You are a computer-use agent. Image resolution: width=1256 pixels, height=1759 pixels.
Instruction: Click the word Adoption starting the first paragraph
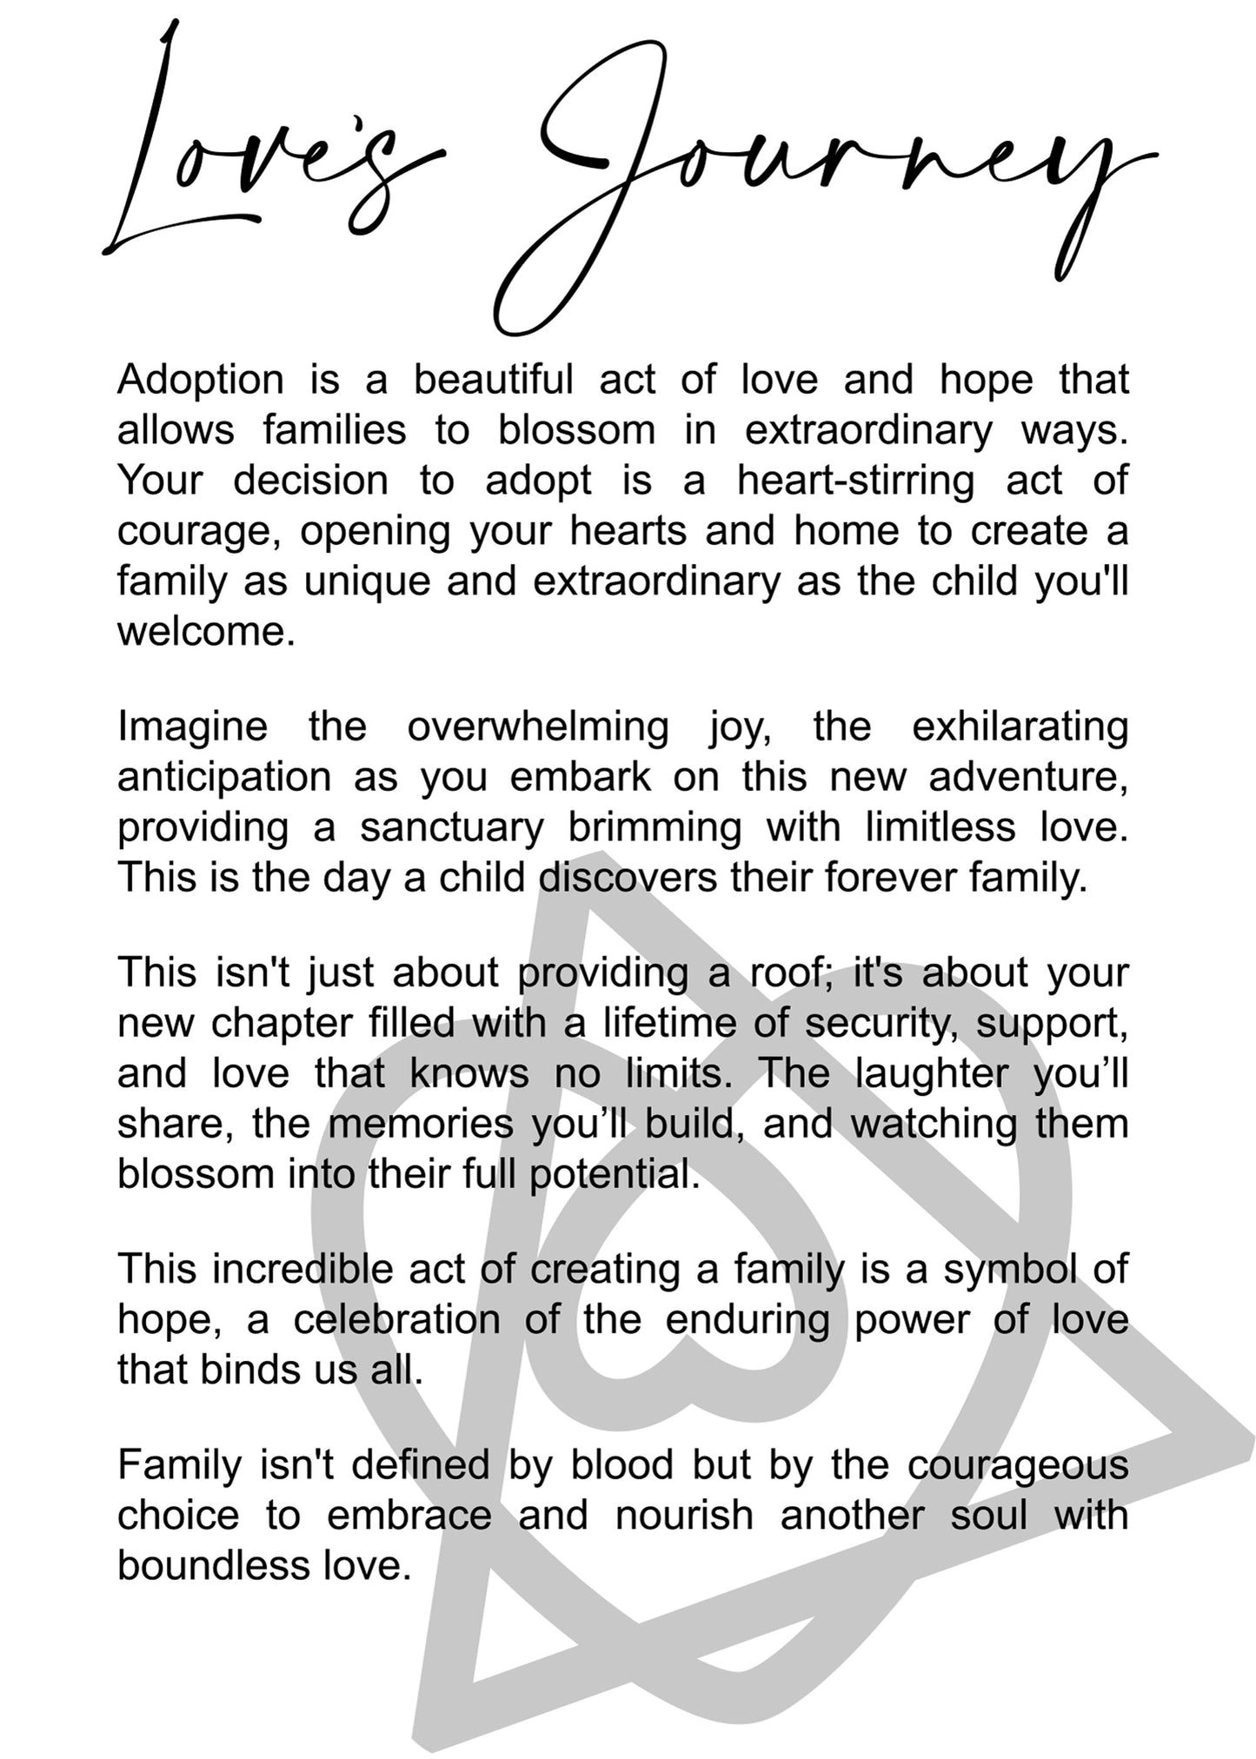(x=201, y=381)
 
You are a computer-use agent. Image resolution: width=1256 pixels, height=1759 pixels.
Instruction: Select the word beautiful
(x=493, y=381)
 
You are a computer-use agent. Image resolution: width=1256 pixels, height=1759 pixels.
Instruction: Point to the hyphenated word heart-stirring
(x=855, y=481)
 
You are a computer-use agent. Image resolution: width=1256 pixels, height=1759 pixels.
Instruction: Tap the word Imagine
(x=192, y=727)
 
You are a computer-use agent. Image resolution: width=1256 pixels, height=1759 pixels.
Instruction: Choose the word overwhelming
(x=538, y=727)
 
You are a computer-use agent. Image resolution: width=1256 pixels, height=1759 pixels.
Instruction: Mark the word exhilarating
(x=1020, y=727)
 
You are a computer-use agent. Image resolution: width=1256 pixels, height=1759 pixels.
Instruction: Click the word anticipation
(x=224, y=777)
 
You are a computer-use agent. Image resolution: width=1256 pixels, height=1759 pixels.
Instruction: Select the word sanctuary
(x=451, y=827)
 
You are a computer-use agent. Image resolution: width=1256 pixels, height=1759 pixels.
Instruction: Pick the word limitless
(x=940, y=827)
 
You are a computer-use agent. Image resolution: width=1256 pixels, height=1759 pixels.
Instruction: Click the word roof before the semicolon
(x=786, y=972)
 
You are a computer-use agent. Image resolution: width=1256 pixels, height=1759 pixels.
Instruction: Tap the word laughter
(x=931, y=1073)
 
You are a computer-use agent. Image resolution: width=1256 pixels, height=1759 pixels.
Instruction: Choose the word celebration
(x=396, y=1320)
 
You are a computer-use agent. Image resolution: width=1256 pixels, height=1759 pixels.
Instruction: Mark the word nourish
(x=683, y=1516)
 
